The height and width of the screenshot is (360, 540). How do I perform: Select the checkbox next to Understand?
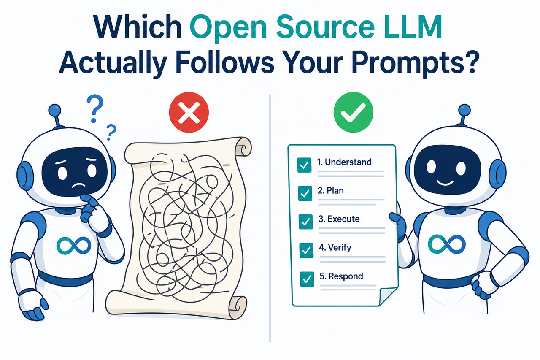coord(304,165)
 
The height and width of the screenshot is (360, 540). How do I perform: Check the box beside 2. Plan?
coord(304,193)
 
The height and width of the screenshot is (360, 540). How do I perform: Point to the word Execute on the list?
coord(343,219)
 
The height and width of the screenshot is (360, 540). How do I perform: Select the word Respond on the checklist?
coord(346,276)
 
